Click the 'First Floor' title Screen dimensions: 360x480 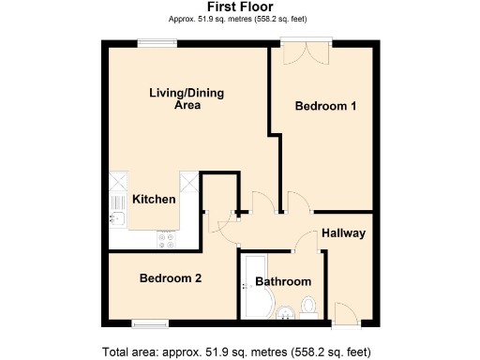(x=241, y=7)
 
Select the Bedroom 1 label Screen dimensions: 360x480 (x=325, y=107)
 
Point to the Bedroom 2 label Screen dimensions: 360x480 (x=171, y=278)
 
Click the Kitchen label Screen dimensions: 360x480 (x=154, y=200)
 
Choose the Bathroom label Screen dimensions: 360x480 (x=283, y=281)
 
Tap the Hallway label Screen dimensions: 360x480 (x=343, y=232)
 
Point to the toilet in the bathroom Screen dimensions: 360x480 (x=308, y=307)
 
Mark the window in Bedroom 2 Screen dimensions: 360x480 (x=150, y=323)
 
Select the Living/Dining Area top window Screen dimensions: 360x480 (x=156, y=41)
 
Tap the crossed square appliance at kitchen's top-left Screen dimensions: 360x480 (x=118, y=180)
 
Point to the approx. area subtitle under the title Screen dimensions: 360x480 (x=241, y=19)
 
